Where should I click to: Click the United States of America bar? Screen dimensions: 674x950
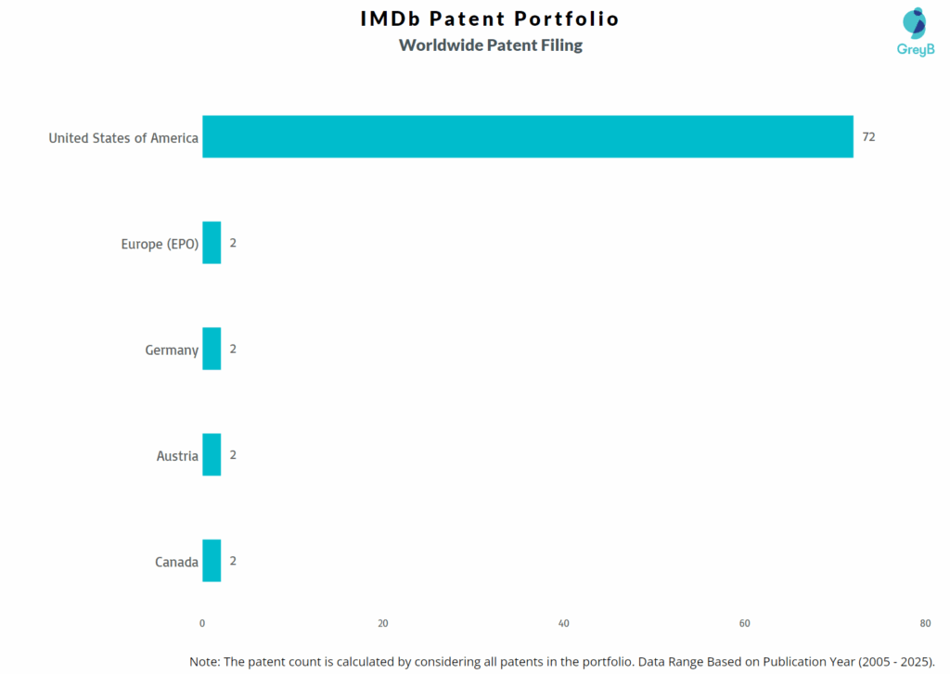[x=527, y=137]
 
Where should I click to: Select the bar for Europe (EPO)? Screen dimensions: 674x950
[x=212, y=243]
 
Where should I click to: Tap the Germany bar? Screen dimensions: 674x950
[x=212, y=349]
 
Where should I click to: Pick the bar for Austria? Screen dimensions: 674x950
[x=212, y=454]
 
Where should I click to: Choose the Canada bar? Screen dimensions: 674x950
[x=212, y=561]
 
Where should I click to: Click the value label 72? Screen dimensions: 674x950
[x=868, y=137]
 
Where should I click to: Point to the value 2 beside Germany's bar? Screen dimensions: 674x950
[x=234, y=350]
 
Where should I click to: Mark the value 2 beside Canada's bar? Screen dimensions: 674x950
[x=234, y=561]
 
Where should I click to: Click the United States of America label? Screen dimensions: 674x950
[x=123, y=138]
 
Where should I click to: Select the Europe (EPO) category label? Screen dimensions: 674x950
[x=160, y=244]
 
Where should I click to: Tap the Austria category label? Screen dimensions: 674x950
[x=177, y=456]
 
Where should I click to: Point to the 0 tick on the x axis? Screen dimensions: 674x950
[x=202, y=623]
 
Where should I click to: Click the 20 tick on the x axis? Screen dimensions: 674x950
[x=383, y=623]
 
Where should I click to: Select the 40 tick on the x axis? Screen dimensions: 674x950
[x=564, y=623]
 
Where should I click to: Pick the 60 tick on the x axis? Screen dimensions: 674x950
[x=744, y=623]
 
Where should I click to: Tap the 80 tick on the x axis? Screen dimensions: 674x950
[x=925, y=623]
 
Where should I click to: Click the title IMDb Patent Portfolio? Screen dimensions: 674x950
[x=490, y=19]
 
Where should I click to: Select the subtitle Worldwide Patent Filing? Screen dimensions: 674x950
[x=490, y=45]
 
